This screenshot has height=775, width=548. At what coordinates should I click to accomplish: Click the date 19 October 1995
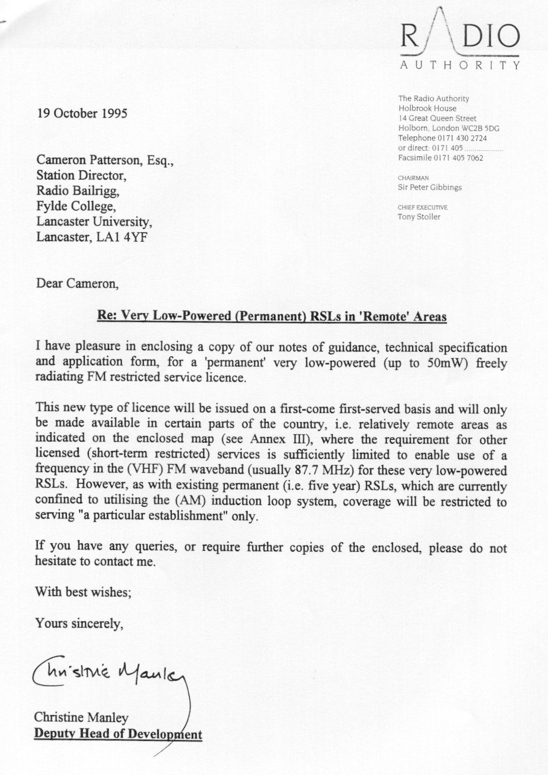pos(82,113)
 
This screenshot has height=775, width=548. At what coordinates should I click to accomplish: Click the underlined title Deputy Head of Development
pos(118,734)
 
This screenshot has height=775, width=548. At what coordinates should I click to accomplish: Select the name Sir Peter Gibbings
pos(430,188)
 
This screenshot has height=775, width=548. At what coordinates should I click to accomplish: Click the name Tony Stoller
pos(419,217)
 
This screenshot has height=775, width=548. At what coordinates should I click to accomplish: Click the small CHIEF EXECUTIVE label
pos(422,207)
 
